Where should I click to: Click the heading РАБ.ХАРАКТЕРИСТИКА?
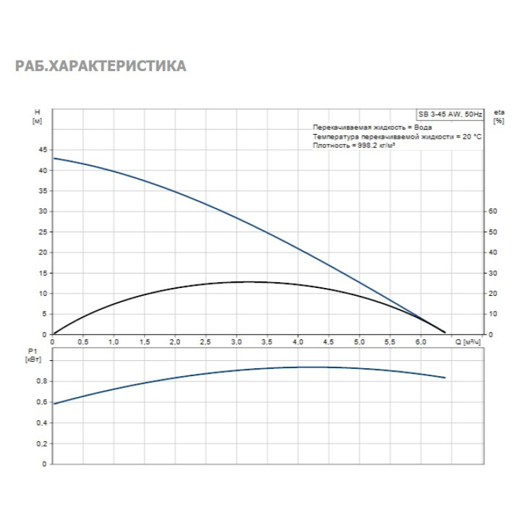coord(101,66)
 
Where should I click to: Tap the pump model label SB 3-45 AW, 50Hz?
coord(450,114)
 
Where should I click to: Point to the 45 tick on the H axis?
coord(43,150)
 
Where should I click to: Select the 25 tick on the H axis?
coord(43,232)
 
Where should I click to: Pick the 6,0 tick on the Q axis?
coord(420,343)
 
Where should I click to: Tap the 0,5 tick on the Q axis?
coord(83,343)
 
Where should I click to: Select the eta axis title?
coord(499,116)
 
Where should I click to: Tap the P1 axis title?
coord(37,356)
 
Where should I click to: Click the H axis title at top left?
coord(37,116)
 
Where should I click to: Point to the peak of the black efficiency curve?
coord(250,281)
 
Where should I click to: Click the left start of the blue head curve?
coord(54,158)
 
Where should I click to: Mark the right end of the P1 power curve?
coord(445,377)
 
